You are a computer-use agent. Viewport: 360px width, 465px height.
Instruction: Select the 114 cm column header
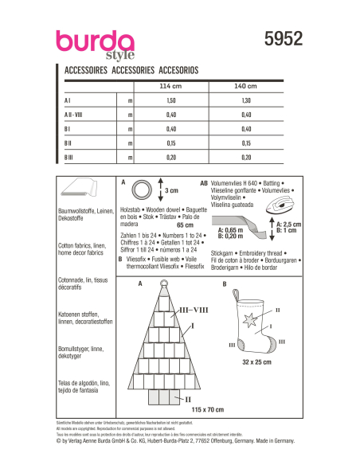(170, 86)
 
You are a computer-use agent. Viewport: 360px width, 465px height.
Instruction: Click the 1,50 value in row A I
(169, 102)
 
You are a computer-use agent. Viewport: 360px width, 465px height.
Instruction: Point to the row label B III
(71, 158)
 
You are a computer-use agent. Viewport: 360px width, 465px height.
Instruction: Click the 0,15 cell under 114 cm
(169, 144)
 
